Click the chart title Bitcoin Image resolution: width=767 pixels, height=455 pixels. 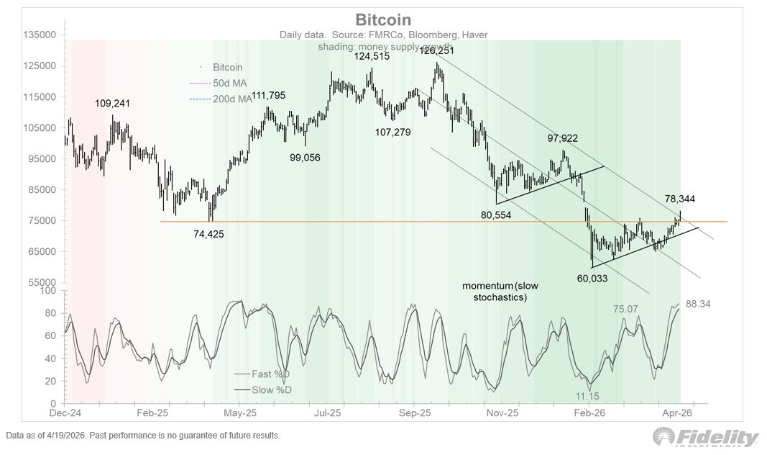pyautogui.click(x=383, y=19)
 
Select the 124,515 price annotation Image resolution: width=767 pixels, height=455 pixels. pyautogui.click(x=372, y=56)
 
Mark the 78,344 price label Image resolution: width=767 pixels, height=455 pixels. pyautogui.click(x=680, y=199)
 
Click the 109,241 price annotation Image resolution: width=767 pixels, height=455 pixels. pyautogui.click(x=114, y=104)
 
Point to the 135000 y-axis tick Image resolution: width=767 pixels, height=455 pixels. pyautogui.click(x=40, y=35)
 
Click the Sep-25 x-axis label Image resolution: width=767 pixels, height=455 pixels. pyautogui.click(x=414, y=413)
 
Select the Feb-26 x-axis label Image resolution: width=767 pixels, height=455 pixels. pyautogui.click(x=589, y=413)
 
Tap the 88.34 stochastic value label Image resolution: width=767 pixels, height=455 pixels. pyautogui.click(x=698, y=305)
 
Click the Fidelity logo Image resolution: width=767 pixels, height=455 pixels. pyautogui.click(x=706, y=438)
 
